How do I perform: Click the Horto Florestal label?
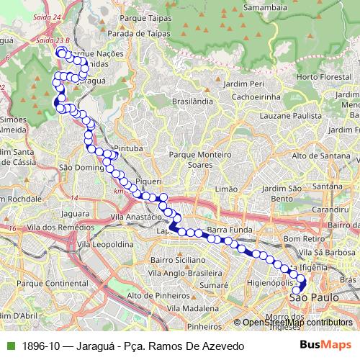318,76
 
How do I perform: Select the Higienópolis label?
268,283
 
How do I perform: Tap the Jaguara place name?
75,214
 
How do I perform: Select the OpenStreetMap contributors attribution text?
297,323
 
